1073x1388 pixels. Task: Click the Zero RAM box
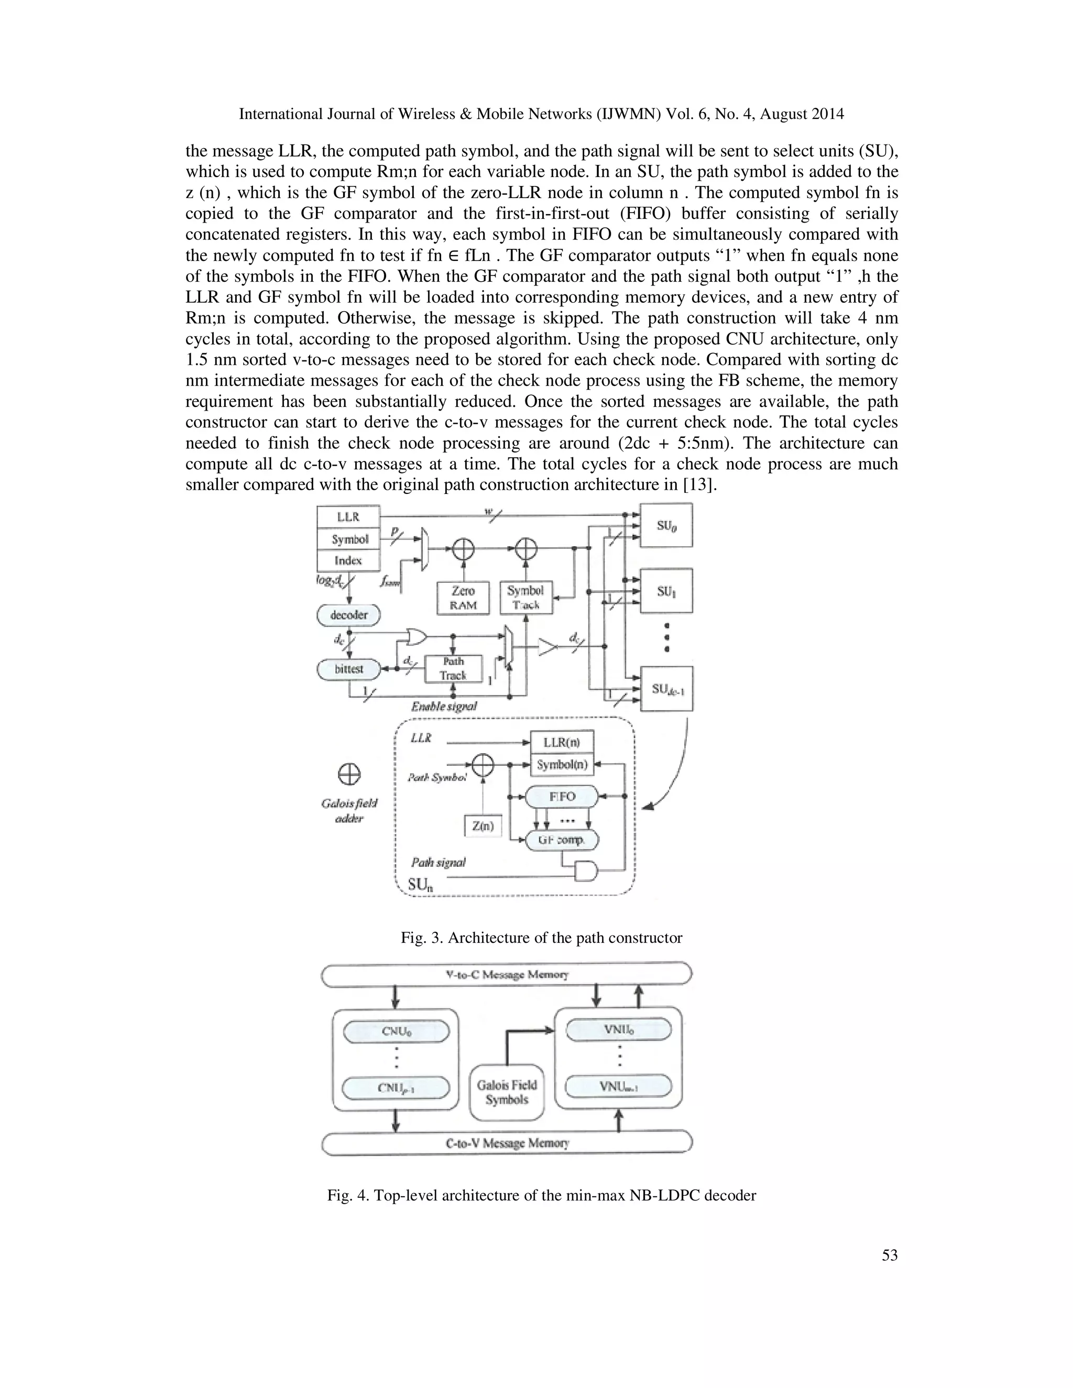point(463,598)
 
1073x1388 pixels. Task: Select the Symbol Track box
point(525,598)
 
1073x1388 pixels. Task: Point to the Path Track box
point(453,668)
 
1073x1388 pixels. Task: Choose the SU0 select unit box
point(665,525)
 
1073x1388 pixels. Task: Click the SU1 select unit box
point(665,591)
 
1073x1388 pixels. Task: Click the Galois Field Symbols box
point(507,1093)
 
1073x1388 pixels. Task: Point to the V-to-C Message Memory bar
point(507,974)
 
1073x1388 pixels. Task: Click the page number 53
point(889,1255)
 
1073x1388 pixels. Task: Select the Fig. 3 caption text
point(541,938)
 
